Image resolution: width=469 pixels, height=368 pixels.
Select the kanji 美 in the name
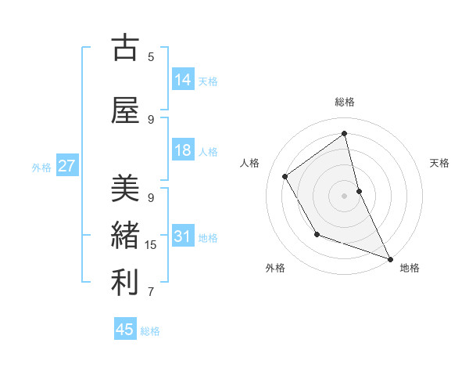(x=125, y=188)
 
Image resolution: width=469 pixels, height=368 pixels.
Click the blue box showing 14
(x=183, y=80)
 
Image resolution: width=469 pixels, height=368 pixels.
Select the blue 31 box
(x=183, y=236)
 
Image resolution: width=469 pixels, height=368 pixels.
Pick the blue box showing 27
(x=66, y=166)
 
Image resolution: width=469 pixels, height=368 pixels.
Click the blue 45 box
(x=125, y=330)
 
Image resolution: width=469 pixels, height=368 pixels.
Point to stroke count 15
(x=151, y=245)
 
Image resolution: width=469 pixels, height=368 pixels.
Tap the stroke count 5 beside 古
(x=151, y=56)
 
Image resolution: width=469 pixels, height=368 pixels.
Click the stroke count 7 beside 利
(x=151, y=292)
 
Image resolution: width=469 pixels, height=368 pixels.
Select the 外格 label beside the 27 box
(x=41, y=167)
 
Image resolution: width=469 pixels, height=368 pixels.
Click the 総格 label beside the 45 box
(x=150, y=331)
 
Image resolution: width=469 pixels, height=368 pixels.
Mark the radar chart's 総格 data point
(x=344, y=132)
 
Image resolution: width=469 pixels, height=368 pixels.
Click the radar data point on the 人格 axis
(x=285, y=176)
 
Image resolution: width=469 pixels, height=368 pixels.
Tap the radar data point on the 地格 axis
(x=391, y=259)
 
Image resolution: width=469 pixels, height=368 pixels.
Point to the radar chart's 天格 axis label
(x=439, y=163)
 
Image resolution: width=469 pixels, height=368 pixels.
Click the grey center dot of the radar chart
(x=344, y=195)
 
